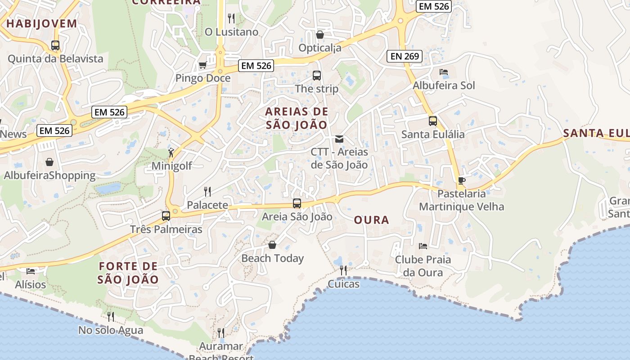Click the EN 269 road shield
point(404,56)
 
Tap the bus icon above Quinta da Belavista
point(55,45)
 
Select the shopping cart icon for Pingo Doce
point(202,66)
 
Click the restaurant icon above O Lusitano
point(231,18)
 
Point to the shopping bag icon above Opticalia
point(320,34)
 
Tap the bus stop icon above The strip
point(317,76)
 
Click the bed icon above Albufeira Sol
point(444,72)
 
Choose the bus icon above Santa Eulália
point(432,121)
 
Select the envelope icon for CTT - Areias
point(339,139)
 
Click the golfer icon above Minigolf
point(171,153)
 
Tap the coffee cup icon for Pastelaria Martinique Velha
point(461,181)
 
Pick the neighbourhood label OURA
point(372,220)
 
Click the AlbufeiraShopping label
point(49,175)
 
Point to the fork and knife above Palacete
point(207,192)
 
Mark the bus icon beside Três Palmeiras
point(166,216)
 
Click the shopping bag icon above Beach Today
point(272,245)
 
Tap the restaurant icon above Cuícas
point(343,270)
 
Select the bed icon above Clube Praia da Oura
point(423,246)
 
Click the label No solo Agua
point(111,330)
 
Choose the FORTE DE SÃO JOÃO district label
point(129,273)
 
